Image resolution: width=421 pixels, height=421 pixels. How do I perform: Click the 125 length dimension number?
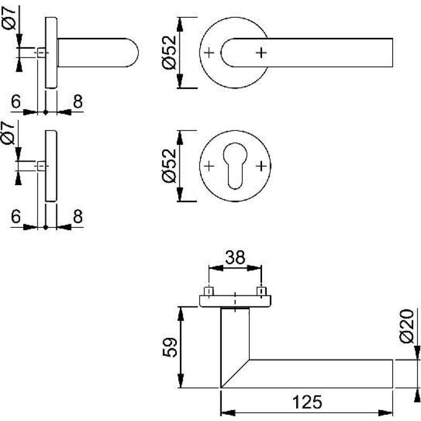pyautogui.click(x=306, y=402)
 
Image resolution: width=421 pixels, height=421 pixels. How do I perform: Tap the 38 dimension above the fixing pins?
pyautogui.click(x=235, y=258)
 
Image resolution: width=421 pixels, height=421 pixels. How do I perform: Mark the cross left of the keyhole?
pyautogui.click(x=209, y=166)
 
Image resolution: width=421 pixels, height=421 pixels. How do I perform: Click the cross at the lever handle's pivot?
pyautogui.click(x=261, y=53)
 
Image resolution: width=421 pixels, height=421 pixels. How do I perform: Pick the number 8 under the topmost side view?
pyautogui.click(x=77, y=102)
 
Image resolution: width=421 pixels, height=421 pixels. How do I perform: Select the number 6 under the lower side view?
pyautogui.click(x=15, y=216)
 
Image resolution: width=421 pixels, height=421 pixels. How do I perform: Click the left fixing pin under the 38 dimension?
pyautogui.click(x=209, y=291)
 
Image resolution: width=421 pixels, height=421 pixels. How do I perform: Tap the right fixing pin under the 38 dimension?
pyautogui.click(x=260, y=291)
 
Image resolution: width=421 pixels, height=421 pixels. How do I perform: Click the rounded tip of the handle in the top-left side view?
pyautogui.click(x=134, y=53)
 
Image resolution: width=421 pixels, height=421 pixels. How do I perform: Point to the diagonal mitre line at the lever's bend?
pyautogui.click(x=235, y=374)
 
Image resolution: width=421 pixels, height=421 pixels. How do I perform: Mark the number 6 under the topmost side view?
pyautogui.click(x=15, y=102)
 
